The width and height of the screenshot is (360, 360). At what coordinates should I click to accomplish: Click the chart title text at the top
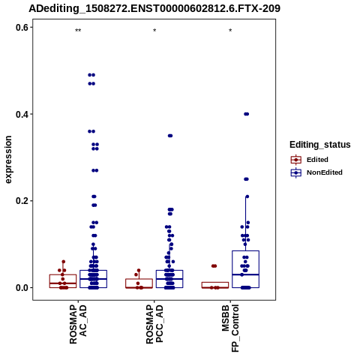pos(154,8)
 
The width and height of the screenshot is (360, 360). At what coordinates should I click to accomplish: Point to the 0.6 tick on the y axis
pos(22,27)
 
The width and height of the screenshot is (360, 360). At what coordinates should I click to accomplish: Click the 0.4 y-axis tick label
pos(22,114)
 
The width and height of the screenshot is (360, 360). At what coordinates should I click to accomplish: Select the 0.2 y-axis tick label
pos(22,201)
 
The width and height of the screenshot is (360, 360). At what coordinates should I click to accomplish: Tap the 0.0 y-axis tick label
pos(22,287)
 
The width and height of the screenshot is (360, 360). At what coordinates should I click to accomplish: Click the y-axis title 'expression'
pos(8,160)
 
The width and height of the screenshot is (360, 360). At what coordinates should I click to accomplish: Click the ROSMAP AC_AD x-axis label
pos(78,324)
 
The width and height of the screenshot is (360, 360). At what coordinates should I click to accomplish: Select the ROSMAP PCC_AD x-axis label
pos(154,324)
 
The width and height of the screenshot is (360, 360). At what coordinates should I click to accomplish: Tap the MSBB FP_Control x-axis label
pos(230,328)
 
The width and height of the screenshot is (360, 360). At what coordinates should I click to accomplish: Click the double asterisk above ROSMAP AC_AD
pos(78,31)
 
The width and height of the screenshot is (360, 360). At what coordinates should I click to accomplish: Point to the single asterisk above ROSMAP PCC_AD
pos(154,31)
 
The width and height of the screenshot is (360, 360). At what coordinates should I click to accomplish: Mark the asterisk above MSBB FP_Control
pos(230,31)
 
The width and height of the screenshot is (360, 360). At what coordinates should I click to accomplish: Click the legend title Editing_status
pos(320,145)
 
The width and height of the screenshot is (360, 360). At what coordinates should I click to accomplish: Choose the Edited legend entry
pos(310,160)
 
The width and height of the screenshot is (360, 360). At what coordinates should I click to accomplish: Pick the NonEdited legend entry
pos(316,172)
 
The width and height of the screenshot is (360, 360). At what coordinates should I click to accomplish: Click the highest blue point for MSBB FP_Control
pos(246,114)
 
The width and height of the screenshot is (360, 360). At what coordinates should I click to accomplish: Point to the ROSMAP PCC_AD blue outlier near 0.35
pos(170,136)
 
